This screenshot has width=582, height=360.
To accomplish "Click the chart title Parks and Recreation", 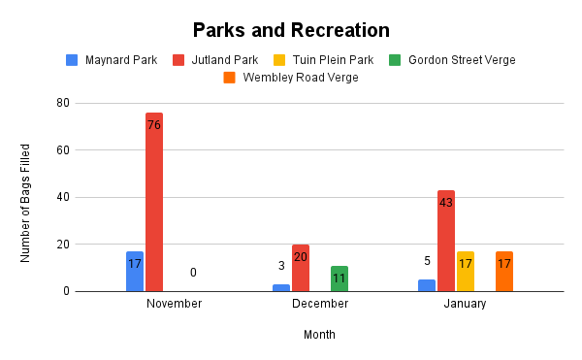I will coord(291,30).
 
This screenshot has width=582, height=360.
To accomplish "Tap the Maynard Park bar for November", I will coord(135,272).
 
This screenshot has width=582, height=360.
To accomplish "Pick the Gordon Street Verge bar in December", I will coord(339,278).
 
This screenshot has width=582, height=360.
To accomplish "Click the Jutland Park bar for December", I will coord(301,268).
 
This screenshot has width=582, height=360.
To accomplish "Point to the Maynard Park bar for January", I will coord(427,285).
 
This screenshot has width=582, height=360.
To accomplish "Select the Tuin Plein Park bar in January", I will coord(466,272).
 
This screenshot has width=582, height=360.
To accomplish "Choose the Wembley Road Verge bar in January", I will coord(504,272).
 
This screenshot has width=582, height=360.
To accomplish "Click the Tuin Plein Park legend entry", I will coord(330,60).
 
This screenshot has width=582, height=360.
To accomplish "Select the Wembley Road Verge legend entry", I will coord(290,78).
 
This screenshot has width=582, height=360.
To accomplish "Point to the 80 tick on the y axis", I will coord(62,103).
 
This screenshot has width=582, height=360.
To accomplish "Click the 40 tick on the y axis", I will coord(62,197).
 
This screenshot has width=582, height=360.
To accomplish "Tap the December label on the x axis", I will coord(320,304).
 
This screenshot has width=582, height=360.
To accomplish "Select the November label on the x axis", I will coord(174,304).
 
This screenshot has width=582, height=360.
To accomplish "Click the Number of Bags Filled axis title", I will coord(26,203).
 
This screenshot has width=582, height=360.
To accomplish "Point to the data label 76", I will coord(154,125).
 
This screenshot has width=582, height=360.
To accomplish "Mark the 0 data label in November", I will coord(193,273).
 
